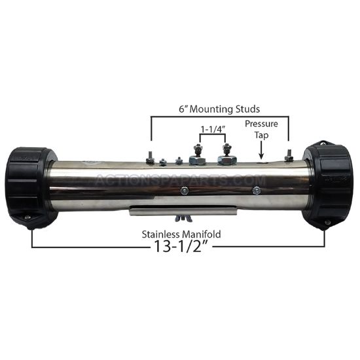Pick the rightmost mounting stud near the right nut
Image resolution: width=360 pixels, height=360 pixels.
(288, 156)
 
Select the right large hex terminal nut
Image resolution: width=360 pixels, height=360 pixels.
(228, 159)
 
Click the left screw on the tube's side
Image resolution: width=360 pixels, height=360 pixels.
(185, 190)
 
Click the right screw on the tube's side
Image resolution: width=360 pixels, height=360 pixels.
(257, 190)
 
